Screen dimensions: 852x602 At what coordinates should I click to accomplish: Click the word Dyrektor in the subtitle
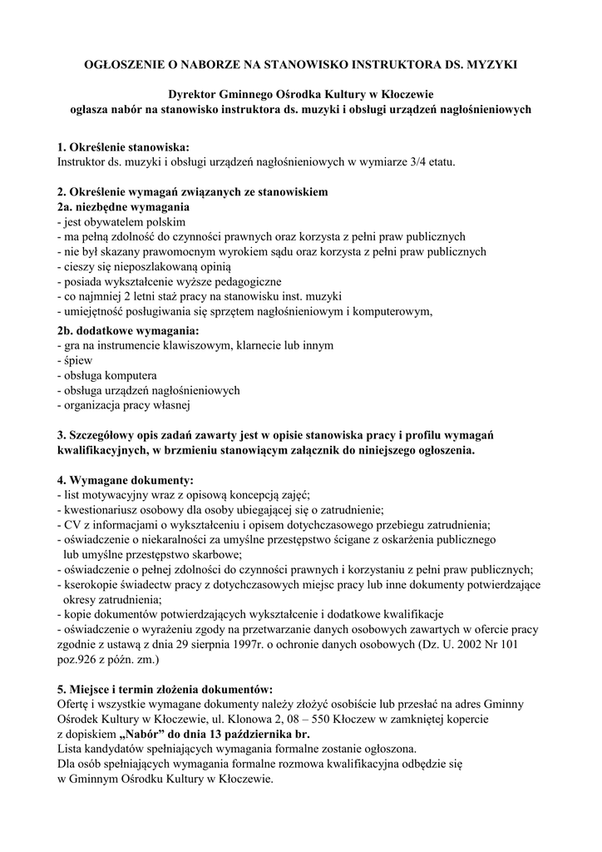tap(195, 95)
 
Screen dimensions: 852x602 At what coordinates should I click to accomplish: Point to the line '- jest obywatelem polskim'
tap(121, 222)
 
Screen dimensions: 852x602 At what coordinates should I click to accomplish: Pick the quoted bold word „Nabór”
tap(149, 735)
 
